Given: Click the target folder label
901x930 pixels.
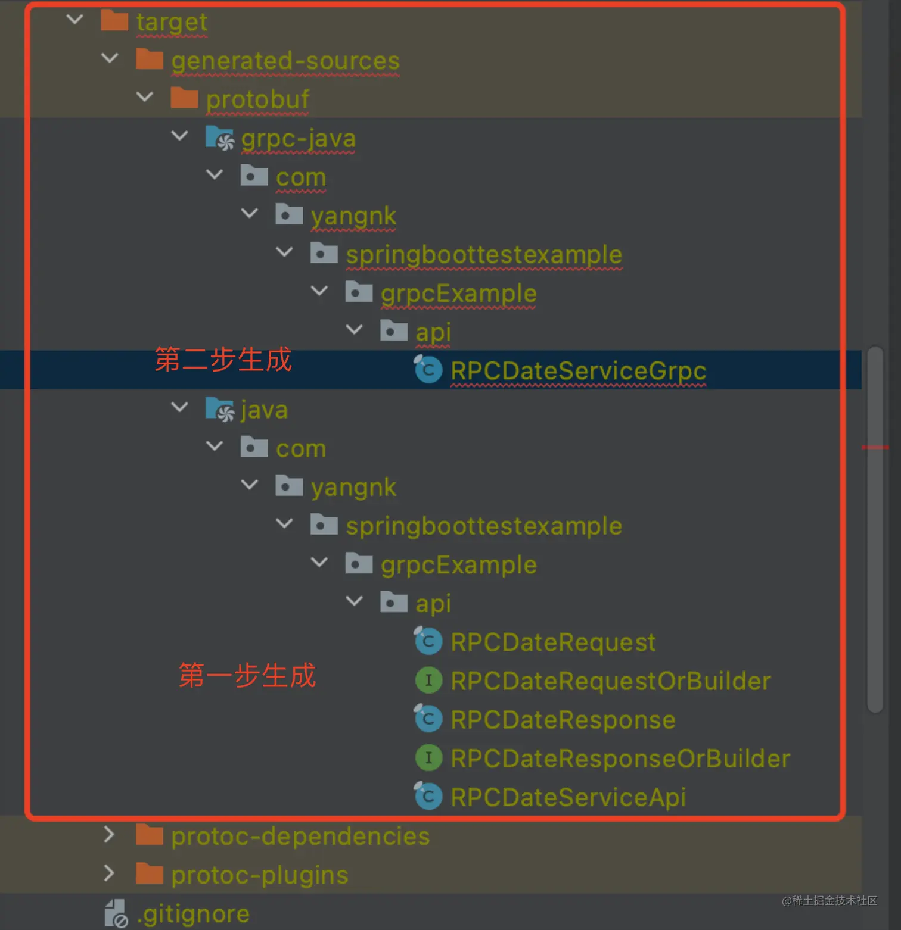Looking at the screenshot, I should [172, 23].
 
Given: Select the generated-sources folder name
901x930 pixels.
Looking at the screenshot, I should [285, 61].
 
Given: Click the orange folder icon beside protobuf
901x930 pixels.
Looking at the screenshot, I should [184, 98].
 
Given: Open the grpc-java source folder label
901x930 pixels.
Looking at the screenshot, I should [298, 139].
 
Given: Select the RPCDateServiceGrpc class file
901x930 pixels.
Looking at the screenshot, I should [578, 371].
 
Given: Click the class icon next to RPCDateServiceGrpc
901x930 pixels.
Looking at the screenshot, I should [428, 370].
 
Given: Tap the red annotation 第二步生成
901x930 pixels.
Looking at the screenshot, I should [223, 360].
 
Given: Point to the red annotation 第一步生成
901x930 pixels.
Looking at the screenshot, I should [247, 675].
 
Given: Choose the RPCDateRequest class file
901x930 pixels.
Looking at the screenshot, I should [552, 642].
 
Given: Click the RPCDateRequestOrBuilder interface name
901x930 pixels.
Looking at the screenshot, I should [610, 681].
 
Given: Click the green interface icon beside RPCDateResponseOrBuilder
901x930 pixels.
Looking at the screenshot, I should [428, 758].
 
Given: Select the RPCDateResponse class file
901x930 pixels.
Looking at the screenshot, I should [563, 720].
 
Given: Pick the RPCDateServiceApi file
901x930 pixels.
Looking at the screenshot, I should [568, 797].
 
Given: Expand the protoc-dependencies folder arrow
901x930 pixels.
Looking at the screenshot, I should [109, 835].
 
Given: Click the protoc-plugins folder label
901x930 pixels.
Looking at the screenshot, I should [259, 875].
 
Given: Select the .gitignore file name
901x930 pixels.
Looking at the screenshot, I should [193, 915].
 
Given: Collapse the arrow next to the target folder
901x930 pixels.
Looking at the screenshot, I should [75, 20].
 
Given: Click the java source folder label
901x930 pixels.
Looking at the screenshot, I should [264, 410].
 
